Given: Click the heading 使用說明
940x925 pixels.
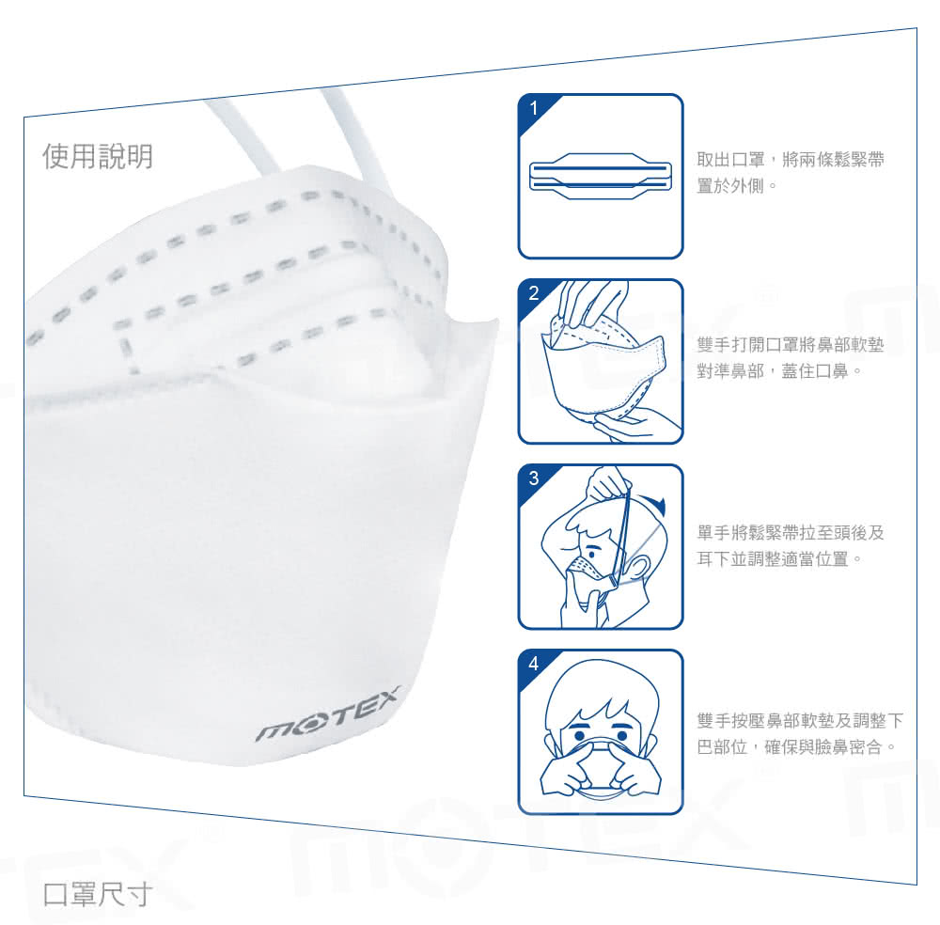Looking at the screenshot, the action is point(98,156).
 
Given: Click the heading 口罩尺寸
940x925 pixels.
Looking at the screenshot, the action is point(97,894).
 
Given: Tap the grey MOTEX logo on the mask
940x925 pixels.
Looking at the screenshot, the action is point(328,715).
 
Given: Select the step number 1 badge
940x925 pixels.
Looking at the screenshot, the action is point(534,108).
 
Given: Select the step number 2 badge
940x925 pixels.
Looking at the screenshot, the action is point(534,293).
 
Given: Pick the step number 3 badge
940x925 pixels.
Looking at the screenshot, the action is point(534,478).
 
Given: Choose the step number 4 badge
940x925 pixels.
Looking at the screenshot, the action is point(534,664).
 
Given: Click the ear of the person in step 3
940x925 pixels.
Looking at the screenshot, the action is point(639,569).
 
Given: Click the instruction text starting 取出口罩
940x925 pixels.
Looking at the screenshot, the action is point(791,173).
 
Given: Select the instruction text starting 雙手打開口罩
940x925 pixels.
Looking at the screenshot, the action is point(791,358).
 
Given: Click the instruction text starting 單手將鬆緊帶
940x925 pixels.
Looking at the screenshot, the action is point(791,545).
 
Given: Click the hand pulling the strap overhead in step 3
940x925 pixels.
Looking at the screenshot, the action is point(607,483).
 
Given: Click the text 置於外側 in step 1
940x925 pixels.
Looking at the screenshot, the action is point(730,186).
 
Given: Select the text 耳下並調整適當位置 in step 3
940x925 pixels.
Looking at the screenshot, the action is point(773,558).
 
